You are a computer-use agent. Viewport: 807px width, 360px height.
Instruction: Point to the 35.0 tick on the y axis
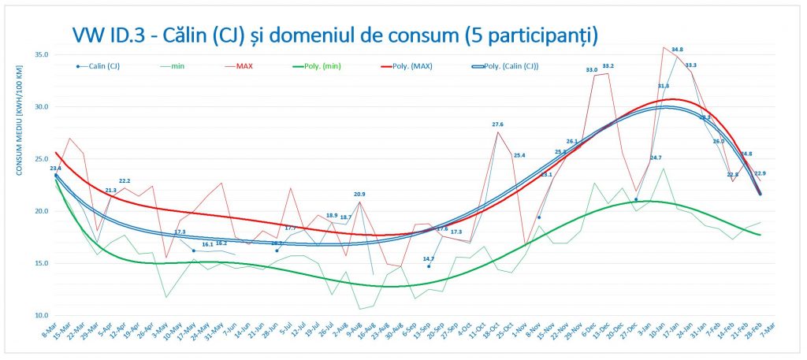tap(41, 54)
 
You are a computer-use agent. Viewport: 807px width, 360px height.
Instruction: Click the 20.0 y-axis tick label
tap(41, 211)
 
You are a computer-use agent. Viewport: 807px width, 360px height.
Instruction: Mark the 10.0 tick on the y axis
tap(41, 315)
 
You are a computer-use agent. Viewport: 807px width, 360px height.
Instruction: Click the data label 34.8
tap(677, 50)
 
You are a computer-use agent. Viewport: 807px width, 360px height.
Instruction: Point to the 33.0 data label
tap(591, 70)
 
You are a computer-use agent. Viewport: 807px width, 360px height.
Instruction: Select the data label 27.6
tap(497, 124)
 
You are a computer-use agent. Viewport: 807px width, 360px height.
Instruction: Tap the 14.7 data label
tap(429, 258)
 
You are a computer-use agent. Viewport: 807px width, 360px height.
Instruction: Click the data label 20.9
tap(359, 194)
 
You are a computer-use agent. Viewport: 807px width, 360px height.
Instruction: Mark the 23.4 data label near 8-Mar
tap(55, 168)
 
